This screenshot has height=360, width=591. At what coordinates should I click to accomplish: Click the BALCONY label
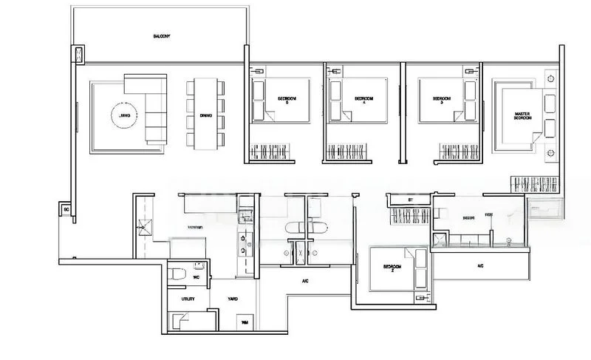tap(162, 35)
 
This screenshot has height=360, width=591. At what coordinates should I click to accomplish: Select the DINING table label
tap(206, 115)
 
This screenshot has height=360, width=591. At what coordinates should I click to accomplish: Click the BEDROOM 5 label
tap(288, 100)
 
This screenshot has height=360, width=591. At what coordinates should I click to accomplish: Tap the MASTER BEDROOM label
tap(524, 116)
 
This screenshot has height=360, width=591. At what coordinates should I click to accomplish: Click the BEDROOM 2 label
tap(392, 268)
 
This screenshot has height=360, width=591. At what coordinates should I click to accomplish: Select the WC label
tap(197, 277)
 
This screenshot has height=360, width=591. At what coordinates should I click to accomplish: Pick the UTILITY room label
tap(188, 299)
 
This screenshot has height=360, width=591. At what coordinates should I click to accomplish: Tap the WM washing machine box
tap(245, 322)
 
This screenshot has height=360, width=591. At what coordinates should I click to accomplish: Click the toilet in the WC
tap(176, 275)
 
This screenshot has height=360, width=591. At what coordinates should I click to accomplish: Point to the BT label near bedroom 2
tap(409, 200)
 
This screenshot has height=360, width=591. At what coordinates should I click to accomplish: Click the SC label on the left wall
tap(66, 211)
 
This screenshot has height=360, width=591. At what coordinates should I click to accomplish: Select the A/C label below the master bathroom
tap(480, 265)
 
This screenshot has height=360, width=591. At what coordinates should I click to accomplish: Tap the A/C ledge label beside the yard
tap(305, 282)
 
